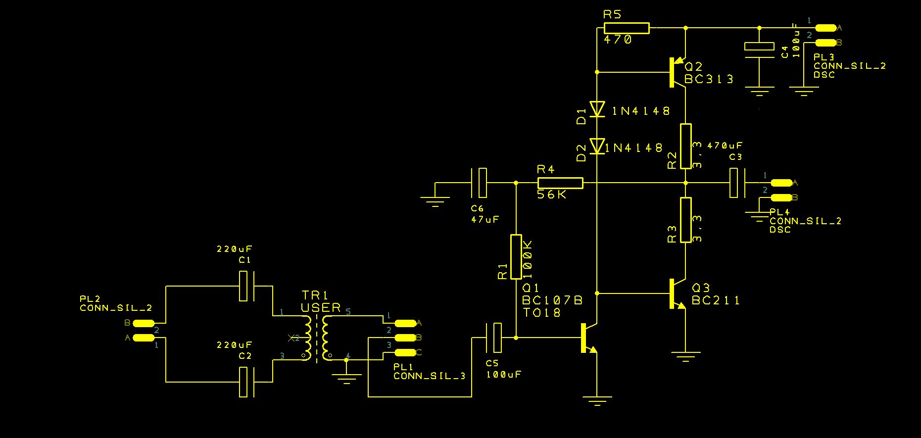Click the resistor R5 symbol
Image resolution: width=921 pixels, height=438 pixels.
click(627, 28)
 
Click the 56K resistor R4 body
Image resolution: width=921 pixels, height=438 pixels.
click(560, 183)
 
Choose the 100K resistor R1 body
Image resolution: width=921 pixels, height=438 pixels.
click(516, 256)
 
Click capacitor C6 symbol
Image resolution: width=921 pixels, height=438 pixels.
click(479, 183)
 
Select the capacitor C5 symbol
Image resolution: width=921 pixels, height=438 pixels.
click(494, 338)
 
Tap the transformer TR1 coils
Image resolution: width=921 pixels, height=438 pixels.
click(317, 338)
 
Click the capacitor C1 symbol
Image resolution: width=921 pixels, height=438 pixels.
click(246, 286)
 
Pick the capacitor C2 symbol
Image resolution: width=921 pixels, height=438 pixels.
click(246, 382)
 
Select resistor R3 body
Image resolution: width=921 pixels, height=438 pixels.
click(685, 220)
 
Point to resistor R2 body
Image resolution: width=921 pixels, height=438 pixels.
click(685, 146)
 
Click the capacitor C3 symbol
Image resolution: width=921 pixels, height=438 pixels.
click(737, 183)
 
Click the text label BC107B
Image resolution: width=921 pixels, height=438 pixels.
click(552, 300)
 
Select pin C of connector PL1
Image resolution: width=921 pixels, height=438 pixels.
click(405, 352)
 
